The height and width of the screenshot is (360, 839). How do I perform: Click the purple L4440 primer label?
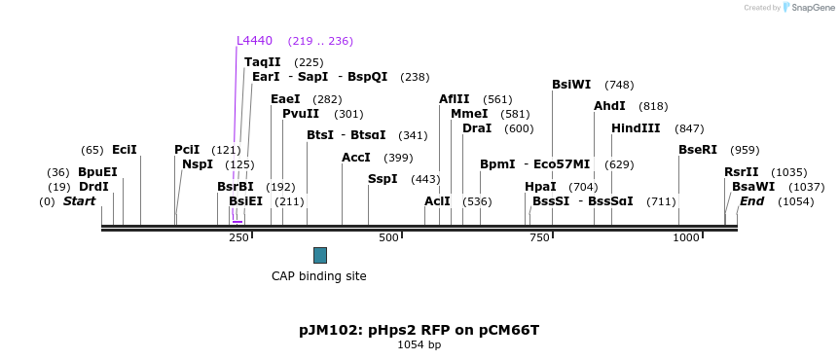(255, 41)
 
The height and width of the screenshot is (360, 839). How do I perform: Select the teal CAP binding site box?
(320, 255)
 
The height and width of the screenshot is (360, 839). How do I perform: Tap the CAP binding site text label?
(318, 276)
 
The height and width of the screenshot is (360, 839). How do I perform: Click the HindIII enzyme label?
(636, 128)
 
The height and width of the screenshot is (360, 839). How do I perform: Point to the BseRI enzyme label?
(698, 150)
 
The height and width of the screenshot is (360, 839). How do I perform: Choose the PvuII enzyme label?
(301, 114)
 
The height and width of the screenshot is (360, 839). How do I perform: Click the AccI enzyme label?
(356, 158)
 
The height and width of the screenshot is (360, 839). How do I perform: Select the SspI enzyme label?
(383, 179)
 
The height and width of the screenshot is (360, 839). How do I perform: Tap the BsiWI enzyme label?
(571, 85)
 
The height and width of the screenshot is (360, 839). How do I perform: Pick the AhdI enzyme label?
(609, 106)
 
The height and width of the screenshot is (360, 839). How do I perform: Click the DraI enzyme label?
(477, 128)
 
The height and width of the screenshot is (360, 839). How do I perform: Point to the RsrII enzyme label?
(741, 172)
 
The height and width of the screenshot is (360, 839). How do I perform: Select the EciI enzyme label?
(125, 150)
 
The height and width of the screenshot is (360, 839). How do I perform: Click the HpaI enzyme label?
(540, 187)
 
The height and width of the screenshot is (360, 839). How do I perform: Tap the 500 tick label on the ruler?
(389, 238)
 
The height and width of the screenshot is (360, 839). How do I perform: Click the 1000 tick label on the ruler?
(687, 238)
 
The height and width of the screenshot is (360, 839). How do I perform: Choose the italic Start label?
(80, 201)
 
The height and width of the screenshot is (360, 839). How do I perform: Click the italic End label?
(751, 201)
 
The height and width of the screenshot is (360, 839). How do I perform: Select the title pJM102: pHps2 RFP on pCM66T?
(419, 330)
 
